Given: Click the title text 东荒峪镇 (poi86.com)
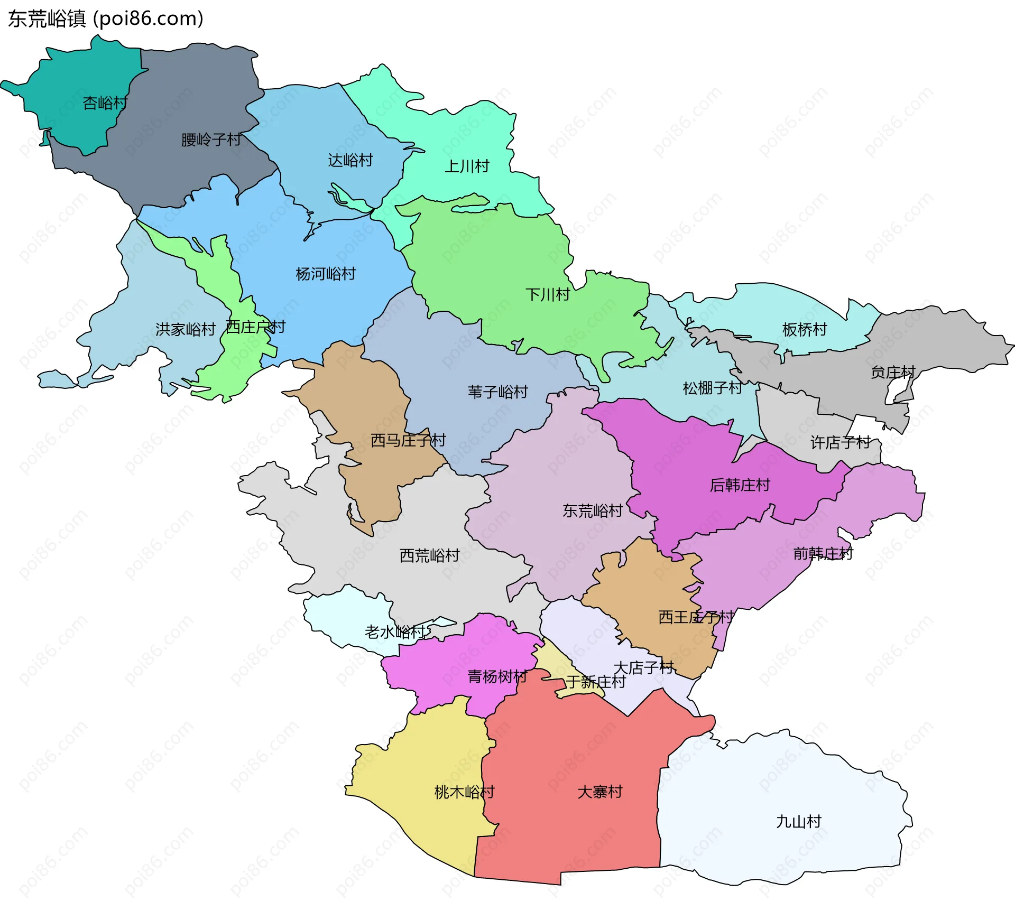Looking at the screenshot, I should (106, 19).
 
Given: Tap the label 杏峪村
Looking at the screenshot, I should (105, 103).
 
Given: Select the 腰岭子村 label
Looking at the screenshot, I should (211, 140).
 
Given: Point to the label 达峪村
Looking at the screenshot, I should (350, 160).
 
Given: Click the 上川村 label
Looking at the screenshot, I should (467, 166).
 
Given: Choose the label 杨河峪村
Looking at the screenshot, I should (326, 274).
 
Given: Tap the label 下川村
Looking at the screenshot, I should (548, 294).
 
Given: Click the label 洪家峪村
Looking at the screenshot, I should (186, 329).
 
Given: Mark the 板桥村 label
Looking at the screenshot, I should (805, 329).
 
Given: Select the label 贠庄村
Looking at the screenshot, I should (893, 372).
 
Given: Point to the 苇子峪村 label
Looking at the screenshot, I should (497, 392).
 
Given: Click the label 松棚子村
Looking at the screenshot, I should (713, 388).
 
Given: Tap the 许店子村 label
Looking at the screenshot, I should (841, 442).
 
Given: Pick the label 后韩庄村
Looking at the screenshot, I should (740, 485).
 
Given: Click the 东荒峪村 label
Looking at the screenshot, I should (593, 510).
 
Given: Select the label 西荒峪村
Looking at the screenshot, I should (429, 555).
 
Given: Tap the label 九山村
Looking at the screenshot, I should (798, 821).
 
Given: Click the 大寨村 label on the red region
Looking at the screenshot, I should (600, 792).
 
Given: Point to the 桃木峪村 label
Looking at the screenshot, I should (464, 792).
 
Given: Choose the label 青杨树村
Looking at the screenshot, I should (497, 676).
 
